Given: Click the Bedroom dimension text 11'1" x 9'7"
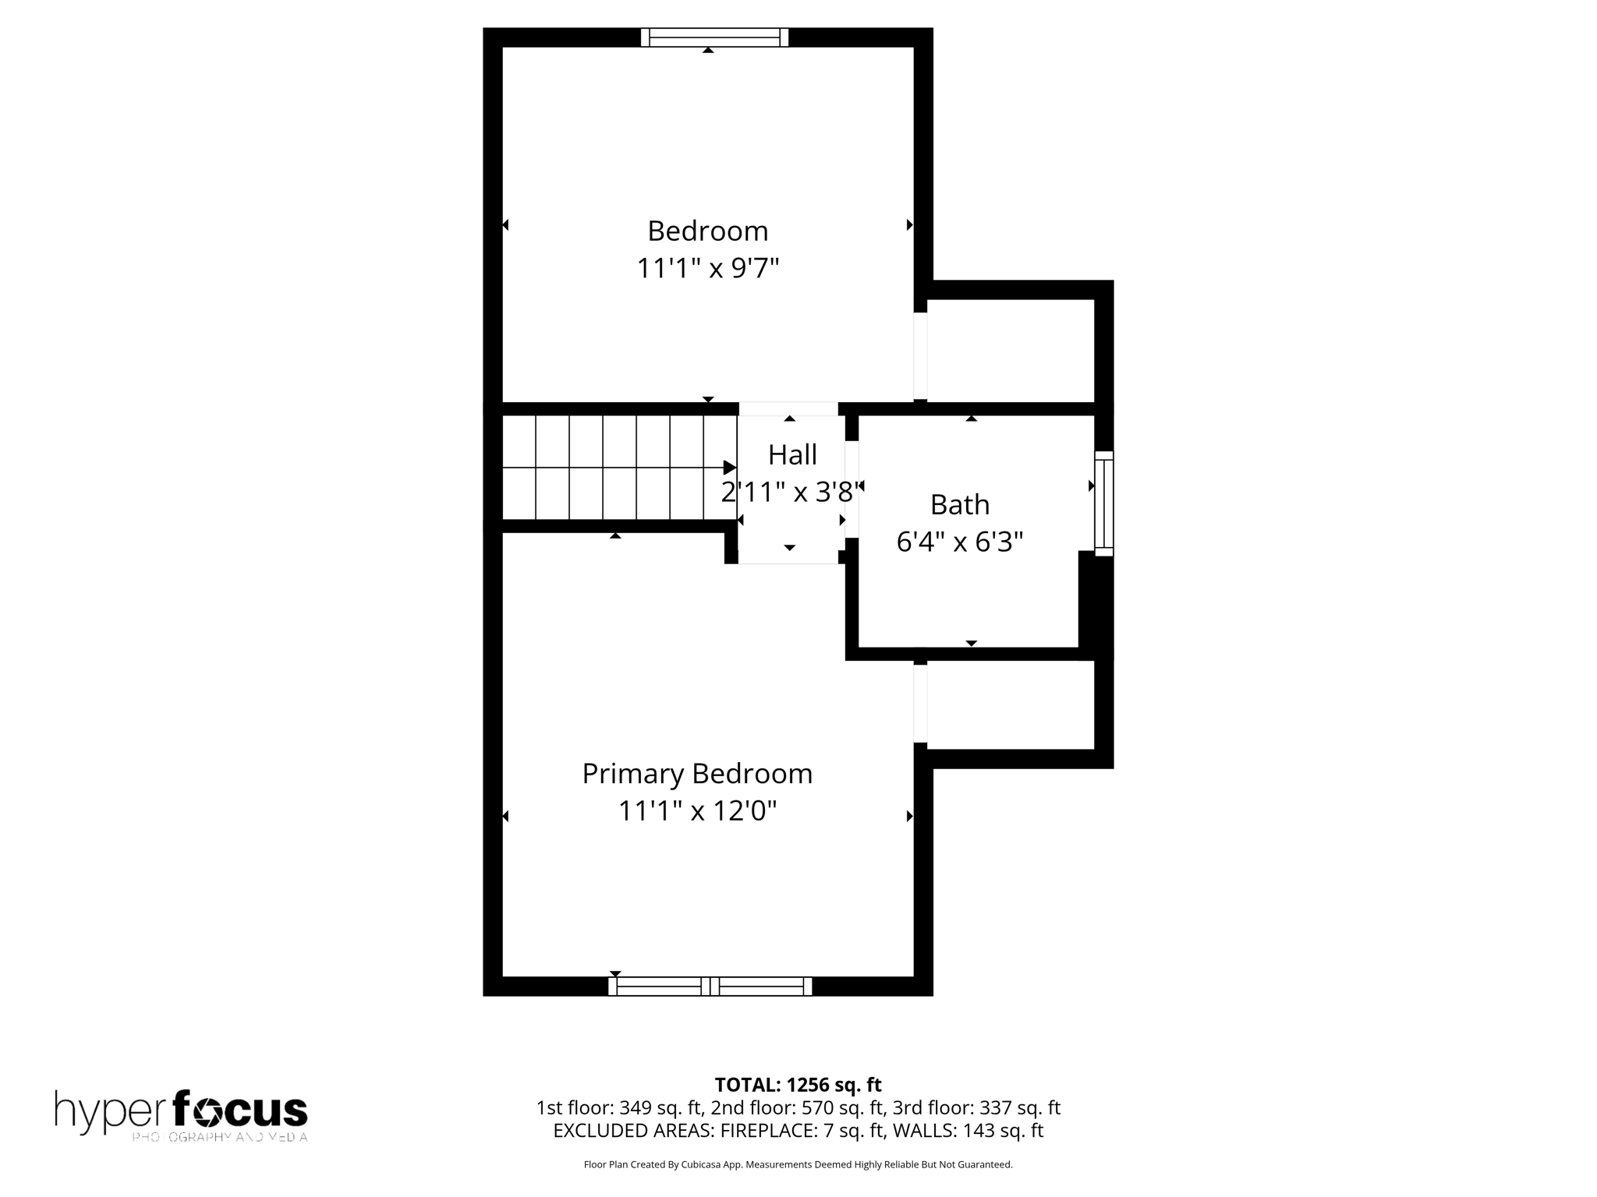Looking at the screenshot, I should (708, 268).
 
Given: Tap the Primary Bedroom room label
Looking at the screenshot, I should (697, 774).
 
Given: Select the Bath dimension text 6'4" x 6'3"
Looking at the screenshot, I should (959, 542).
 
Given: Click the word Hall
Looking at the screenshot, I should (792, 454).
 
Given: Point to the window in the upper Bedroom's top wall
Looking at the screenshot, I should (714, 37).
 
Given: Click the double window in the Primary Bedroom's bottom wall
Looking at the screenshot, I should (710, 986).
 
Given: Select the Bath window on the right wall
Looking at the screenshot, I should (1104, 503).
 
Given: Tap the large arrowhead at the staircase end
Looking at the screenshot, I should (729, 468).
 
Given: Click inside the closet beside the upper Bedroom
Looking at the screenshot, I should (1010, 351).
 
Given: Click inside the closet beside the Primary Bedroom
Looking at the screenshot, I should (1010, 705).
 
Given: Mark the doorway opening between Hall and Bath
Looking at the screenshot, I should (852, 489).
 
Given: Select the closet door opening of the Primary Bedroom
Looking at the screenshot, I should (920, 703).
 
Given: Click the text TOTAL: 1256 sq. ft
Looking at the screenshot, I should (798, 1085).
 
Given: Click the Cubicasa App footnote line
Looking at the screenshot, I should (798, 1164).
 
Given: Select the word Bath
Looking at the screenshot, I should (959, 504).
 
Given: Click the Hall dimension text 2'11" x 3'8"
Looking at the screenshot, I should (792, 492).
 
